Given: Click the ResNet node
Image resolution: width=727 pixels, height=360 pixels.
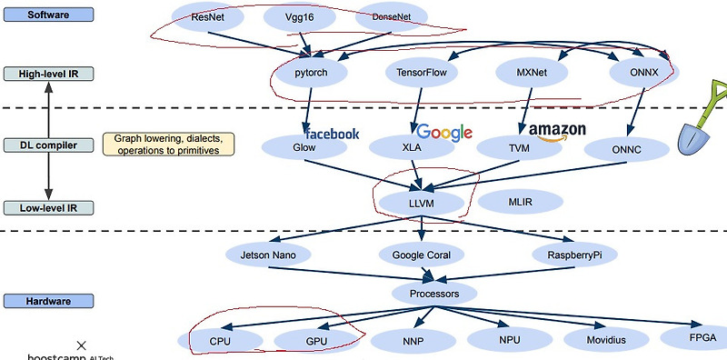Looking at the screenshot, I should pyautogui.click(x=203, y=17).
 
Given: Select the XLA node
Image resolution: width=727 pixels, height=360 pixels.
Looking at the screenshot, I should pyautogui.click(x=416, y=146).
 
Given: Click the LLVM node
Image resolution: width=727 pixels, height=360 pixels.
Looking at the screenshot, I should pyautogui.click(x=423, y=202).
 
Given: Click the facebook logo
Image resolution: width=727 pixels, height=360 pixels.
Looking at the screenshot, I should pyautogui.click(x=331, y=133).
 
